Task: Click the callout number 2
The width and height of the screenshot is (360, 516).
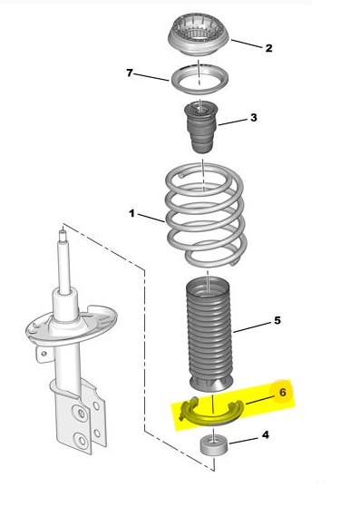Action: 268,48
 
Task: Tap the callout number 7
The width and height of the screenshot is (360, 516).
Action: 130,73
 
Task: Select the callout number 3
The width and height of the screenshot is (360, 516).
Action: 253,118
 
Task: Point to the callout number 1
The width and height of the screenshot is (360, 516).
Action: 131,214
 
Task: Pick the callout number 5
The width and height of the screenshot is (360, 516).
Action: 277,320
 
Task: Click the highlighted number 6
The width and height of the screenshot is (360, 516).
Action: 283,392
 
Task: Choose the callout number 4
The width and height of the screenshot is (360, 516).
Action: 266,434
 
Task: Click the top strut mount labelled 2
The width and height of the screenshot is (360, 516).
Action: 199,36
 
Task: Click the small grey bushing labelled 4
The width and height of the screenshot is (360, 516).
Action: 214,445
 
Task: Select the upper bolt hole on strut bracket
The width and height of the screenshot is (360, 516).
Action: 81,413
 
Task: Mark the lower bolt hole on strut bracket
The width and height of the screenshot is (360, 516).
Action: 82,441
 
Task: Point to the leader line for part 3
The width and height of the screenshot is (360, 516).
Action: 232,122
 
